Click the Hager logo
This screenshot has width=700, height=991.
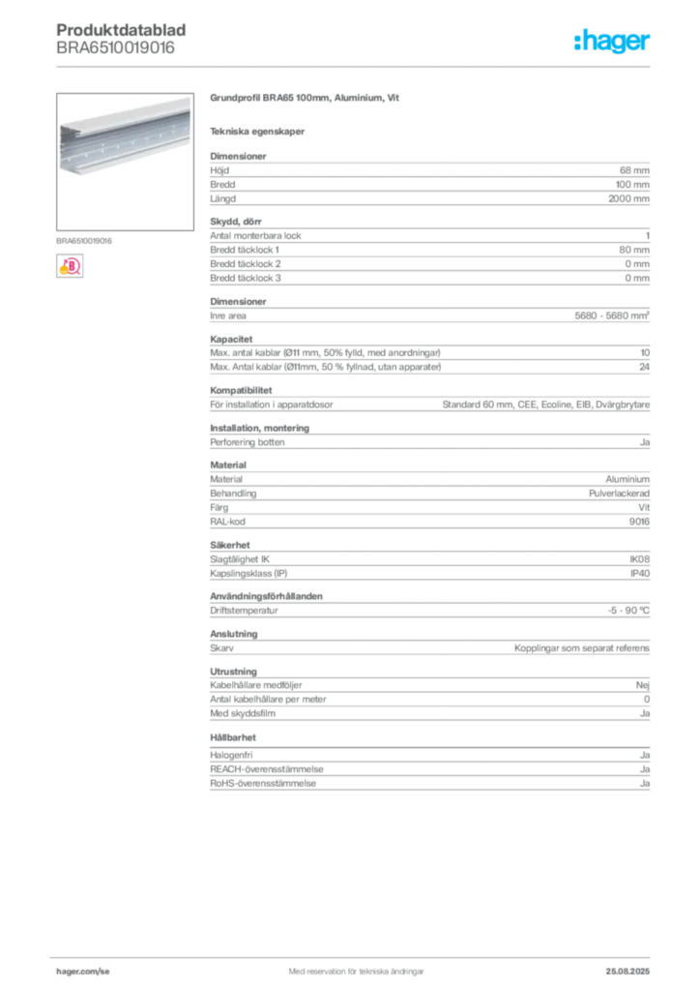tap(611, 41)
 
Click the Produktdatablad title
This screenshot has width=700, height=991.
tap(121, 30)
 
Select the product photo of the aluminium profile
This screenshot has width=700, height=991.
tap(125, 162)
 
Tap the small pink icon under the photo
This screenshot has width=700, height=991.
tap(70, 266)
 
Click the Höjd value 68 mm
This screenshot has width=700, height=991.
tap(634, 170)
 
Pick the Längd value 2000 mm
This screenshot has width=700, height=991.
tap(628, 198)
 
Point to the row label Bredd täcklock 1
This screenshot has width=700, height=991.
tap(245, 250)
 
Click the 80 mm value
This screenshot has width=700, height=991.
tap(634, 250)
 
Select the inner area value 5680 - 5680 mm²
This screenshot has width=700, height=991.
tap(612, 315)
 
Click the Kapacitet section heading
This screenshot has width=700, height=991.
tap(231, 339)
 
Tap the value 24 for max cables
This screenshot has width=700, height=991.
tap(645, 367)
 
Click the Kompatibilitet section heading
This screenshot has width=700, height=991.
tap(241, 390)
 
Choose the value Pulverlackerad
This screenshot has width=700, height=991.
tap(619, 493)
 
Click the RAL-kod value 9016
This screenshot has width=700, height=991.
tap(639, 522)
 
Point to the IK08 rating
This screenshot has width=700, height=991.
tap(639, 559)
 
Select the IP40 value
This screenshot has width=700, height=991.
tap(640, 573)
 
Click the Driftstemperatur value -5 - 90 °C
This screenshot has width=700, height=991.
tap(628, 611)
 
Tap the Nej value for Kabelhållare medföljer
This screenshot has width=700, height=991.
tap(643, 685)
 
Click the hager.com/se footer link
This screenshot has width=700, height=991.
tap(83, 972)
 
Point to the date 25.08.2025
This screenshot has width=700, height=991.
tap(627, 972)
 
